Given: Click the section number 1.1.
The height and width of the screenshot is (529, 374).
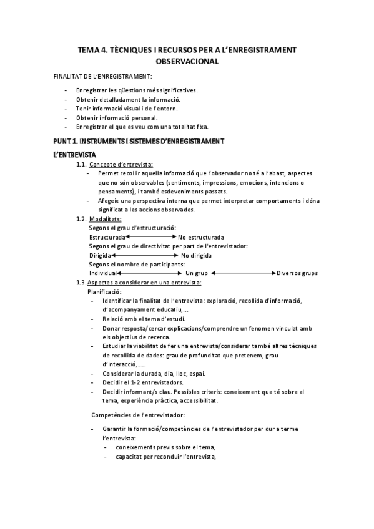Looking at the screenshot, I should tap(80, 164).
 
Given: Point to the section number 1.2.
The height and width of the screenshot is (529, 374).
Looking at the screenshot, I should tap(80, 219).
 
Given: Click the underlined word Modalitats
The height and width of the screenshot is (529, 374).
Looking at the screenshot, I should tap(106, 219).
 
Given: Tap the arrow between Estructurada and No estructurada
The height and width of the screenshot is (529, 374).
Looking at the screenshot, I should tap(151, 237).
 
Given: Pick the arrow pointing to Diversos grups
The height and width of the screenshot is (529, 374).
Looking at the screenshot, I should tap(244, 273).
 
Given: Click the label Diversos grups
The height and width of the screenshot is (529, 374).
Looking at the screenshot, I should tap(297, 273).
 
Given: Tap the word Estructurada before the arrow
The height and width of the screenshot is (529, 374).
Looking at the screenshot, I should tap(107, 237).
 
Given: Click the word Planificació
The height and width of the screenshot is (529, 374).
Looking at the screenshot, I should tap(104, 291).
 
